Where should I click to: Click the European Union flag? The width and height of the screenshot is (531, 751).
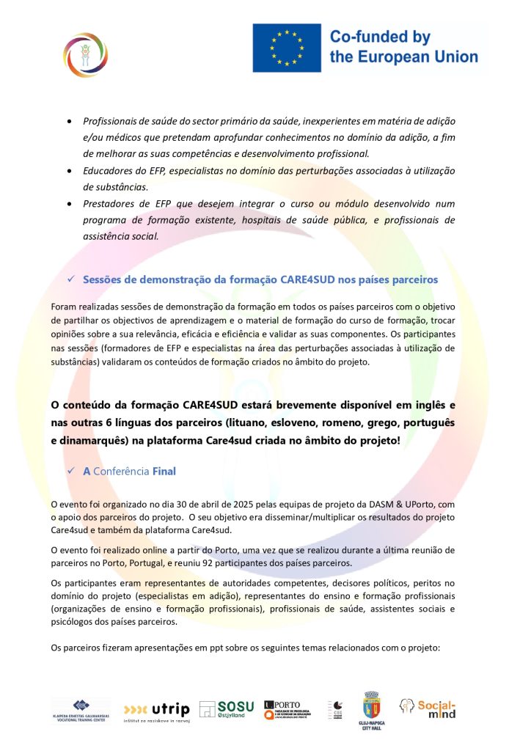click(287, 48)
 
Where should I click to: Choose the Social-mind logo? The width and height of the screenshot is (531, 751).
click(428, 708)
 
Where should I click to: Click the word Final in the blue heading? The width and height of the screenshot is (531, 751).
click(164, 471)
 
